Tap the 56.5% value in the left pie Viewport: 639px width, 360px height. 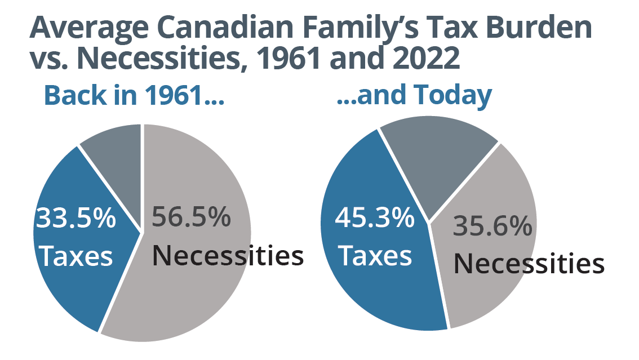click(x=192, y=217)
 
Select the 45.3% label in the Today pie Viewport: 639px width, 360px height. click(x=375, y=218)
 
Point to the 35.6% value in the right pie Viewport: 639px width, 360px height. click(x=492, y=227)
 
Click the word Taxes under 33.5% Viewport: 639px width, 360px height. click(x=77, y=256)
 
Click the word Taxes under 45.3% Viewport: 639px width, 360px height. click(x=375, y=256)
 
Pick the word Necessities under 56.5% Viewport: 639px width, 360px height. click(x=228, y=255)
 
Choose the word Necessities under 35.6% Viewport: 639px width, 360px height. click(x=529, y=263)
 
